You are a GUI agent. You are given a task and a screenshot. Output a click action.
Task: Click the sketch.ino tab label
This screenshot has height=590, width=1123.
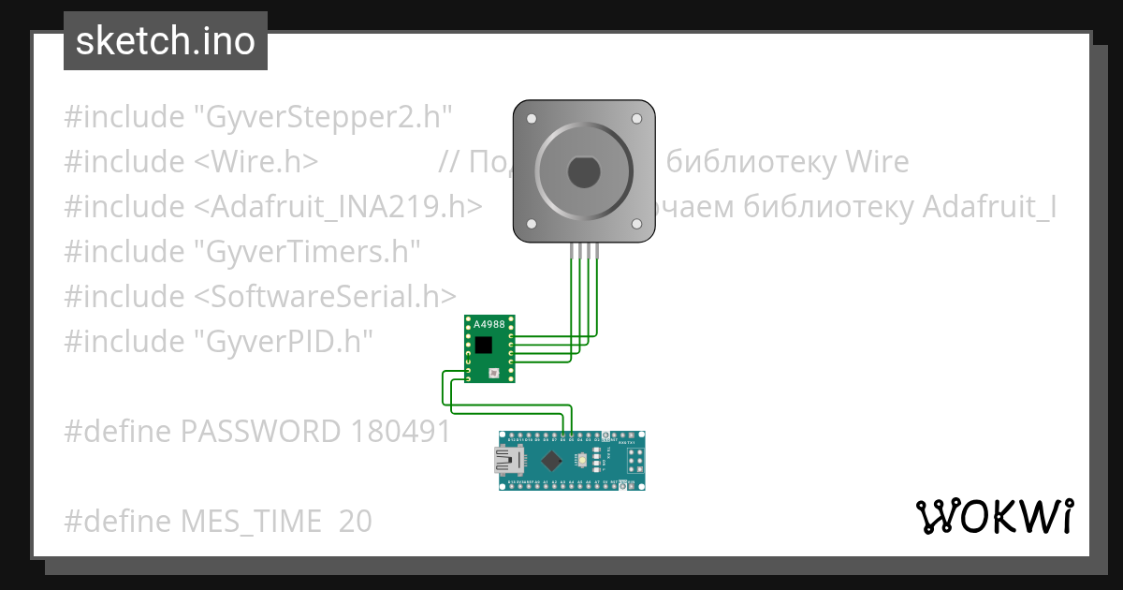click(165, 41)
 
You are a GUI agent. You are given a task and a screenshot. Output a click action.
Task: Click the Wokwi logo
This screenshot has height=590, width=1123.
click(994, 516)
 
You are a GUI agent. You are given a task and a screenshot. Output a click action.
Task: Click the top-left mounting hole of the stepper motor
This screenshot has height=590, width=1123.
click(531, 120)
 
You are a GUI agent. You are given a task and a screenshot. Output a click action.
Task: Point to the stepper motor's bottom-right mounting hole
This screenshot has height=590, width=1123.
click(636, 224)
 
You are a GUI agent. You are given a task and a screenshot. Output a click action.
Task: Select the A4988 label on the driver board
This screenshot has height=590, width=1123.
click(489, 325)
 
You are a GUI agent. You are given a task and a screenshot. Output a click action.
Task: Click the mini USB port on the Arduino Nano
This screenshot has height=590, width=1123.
click(508, 460)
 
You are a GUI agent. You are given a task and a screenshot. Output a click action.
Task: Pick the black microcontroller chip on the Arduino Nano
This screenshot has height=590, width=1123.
click(553, 460)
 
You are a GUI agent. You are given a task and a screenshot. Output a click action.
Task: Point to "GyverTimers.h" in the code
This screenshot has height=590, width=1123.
click(306, 251)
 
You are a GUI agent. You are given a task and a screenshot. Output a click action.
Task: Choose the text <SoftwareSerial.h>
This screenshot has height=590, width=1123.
click(325, 296)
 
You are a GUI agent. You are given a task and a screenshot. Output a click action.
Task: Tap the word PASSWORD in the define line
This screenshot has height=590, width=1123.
click(260, 431)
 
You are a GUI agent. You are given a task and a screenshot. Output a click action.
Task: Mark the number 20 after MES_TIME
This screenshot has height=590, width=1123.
click(356, 521)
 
